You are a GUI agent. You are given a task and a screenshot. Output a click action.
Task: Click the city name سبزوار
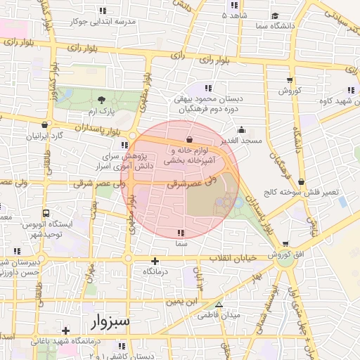tap(110, 322)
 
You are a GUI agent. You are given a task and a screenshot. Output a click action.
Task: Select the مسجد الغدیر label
tap(241, 141)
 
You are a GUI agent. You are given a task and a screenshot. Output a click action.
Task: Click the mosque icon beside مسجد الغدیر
tap(241, 129)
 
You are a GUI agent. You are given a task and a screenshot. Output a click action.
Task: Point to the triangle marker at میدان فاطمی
tap(219, 305)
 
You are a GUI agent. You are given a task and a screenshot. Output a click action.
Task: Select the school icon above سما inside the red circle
tap(181, 232)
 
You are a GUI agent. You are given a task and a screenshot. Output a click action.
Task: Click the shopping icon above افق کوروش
tap(285, 243)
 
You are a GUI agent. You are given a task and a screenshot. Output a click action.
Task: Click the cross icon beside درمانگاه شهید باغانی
tap(65, 330)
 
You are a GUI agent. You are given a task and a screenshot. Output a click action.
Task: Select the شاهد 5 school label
tap(234, 15)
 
